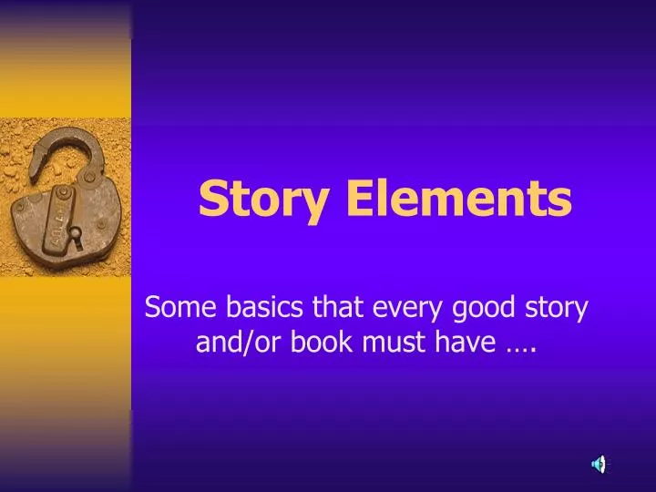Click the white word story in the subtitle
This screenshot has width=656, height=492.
(x=555, y=309)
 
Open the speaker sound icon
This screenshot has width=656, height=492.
(x=599, y=464)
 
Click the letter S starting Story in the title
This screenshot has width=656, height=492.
(x=212, y=199)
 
